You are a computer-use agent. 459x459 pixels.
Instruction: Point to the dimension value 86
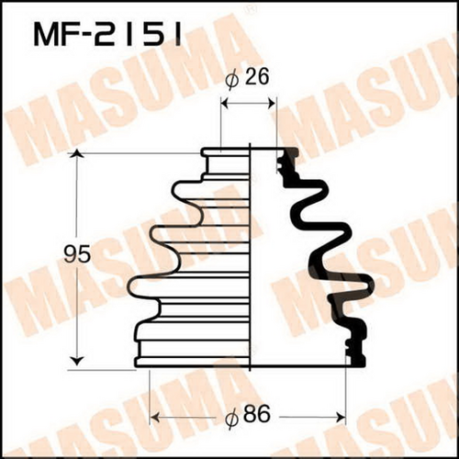pyautogui.click(x=260, y=414)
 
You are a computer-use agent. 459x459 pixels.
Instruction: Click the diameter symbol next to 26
pyautogui.click(x=232, y=81)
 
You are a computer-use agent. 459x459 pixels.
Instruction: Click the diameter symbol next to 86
pyautogui.click(x=232, y=418)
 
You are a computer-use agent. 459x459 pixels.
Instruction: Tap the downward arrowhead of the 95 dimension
pyautogui.click(x=78, y=362)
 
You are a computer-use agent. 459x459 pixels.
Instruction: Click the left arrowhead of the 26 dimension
pyautogui.click(x=225, y=104)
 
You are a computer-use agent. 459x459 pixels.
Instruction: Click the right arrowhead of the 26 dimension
pyautogui.click(x=272, y=104)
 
